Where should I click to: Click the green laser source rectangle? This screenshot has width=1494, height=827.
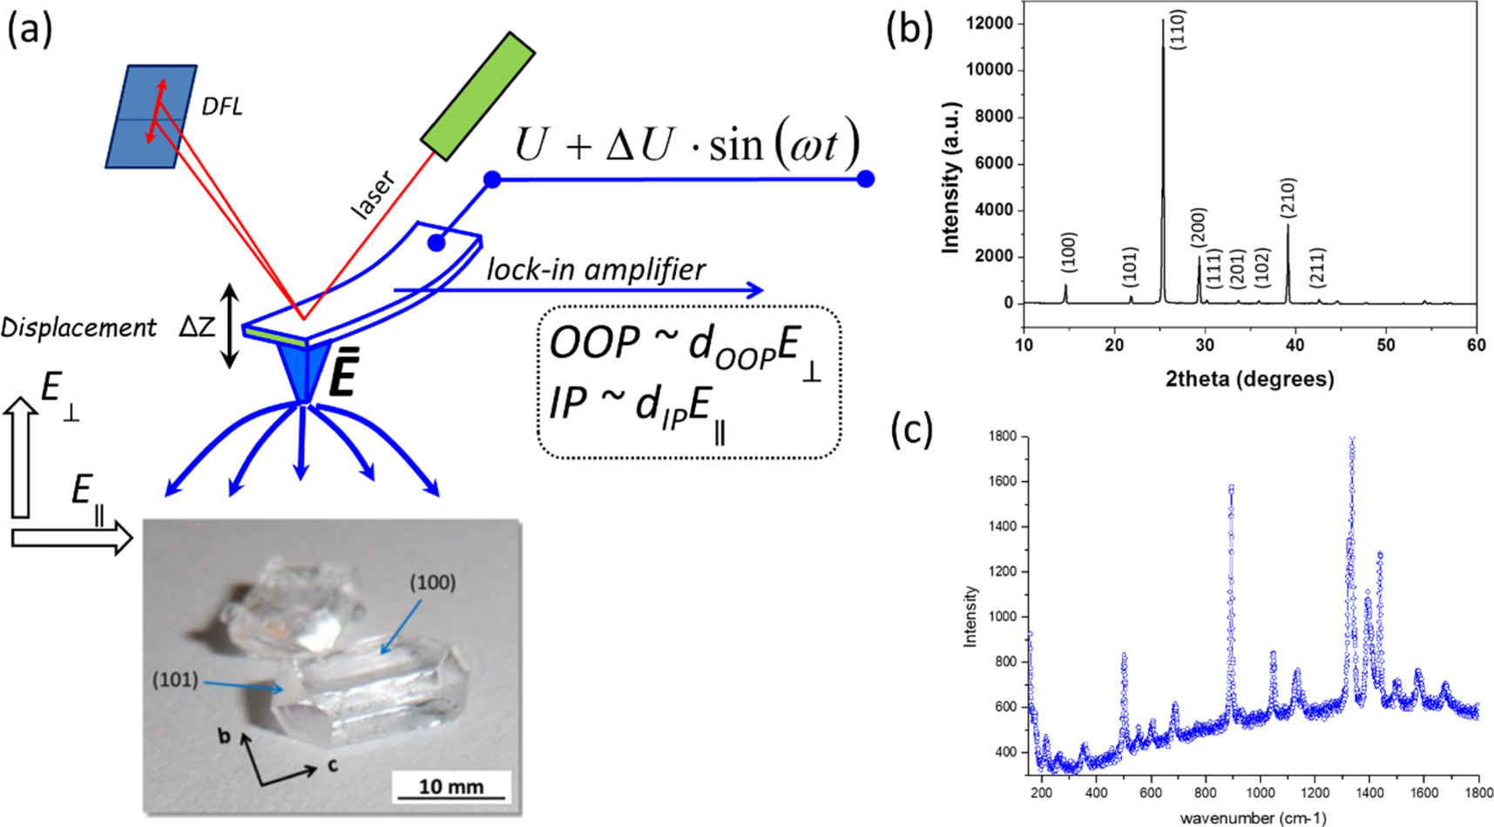pos(477,97)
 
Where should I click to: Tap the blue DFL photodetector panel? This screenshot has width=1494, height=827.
pos(151,116)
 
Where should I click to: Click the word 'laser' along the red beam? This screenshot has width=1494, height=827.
pos(373,194)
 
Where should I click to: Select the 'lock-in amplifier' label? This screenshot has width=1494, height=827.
pos(596,270)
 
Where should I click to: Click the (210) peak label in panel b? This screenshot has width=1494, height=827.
pos(1288,198)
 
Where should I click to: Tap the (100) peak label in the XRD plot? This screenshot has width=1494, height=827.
pos(1068,252)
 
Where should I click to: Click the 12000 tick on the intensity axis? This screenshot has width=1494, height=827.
pos(990,24)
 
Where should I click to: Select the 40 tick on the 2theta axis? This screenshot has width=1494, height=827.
pos(1295,345)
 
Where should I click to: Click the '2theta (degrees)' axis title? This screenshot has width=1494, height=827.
pos(1249,379)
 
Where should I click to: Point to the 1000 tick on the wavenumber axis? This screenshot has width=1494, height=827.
pos(1260,792)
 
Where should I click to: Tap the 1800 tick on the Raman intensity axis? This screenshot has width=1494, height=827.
pos(1002,436)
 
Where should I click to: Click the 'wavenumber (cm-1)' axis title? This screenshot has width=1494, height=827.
pos(1253,817)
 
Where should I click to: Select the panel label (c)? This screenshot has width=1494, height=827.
pos(910,429)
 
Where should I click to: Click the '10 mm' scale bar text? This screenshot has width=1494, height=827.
pos(450,786)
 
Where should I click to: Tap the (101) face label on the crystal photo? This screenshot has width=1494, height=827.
pos(175,680)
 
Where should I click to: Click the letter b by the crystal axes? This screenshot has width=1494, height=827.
pos(225,736)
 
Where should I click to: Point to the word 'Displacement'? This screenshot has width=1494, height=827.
pos(78,327)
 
